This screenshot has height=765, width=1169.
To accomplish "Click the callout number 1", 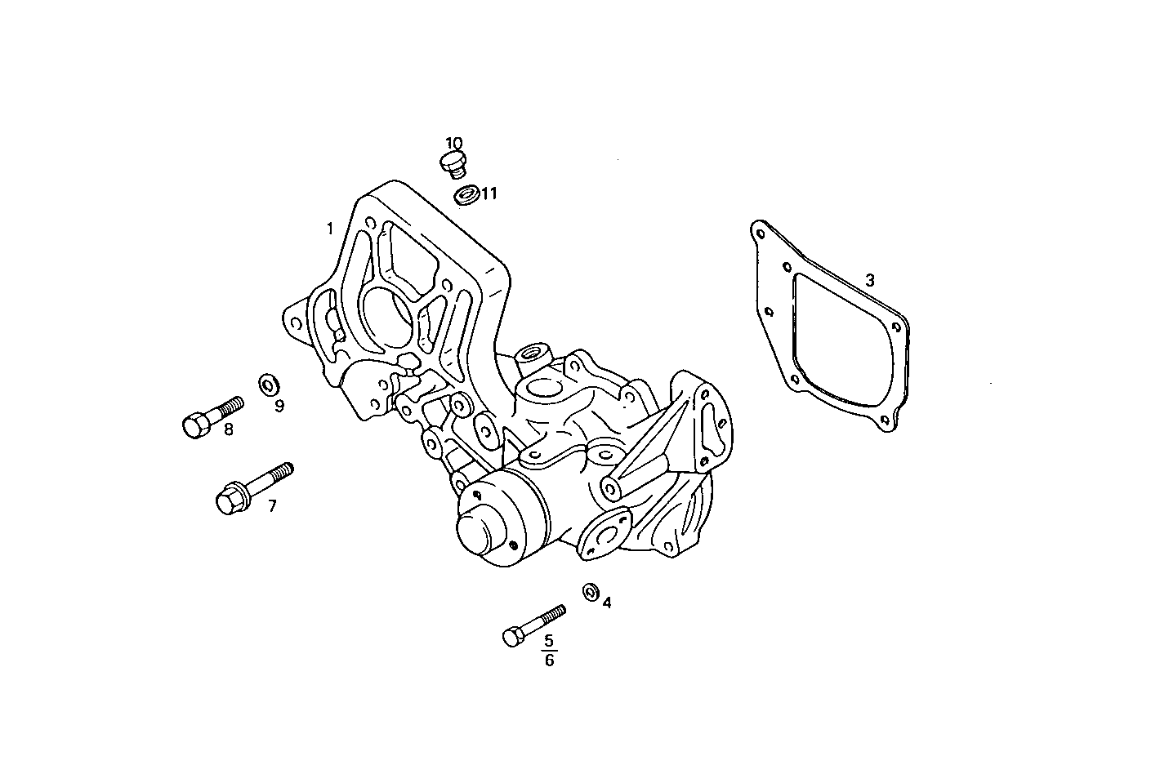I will tap(330, 228).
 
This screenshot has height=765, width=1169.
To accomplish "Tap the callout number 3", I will tap(870, 280).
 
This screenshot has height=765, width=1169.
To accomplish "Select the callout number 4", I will tap(607, 603).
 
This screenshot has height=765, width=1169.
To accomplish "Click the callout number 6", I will tap(549, 660).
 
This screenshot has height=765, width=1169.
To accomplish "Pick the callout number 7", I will tap(272, 506).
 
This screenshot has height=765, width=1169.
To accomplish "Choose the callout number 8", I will tap(228, 429).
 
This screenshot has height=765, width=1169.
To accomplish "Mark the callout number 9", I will tap(279, 406).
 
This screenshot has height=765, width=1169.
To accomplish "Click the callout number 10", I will tap(454, 144).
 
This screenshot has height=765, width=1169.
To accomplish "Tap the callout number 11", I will tap(489, 193).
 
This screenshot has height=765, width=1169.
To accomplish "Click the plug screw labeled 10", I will tap(453, 162).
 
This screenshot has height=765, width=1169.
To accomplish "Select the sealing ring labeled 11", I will tap(466, 196).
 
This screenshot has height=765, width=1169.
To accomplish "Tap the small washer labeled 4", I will tap(590, 591).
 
